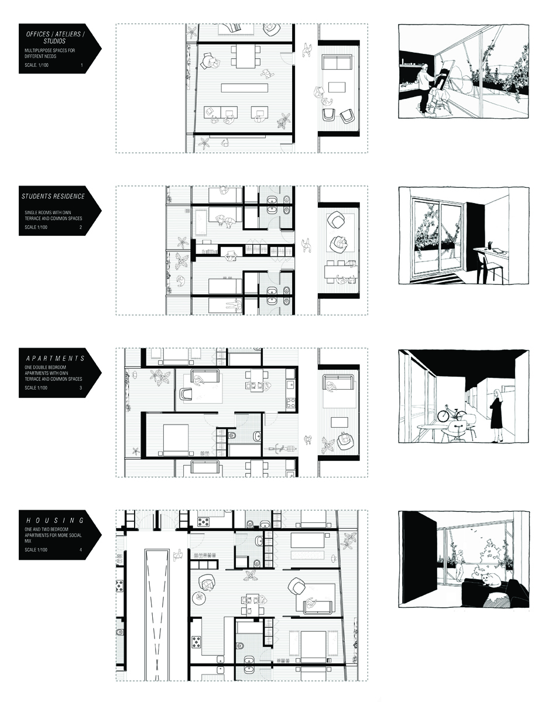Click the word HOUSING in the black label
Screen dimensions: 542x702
[55, 520]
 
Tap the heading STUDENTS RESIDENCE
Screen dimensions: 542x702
[53, 196]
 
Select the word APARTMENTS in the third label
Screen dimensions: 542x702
[55, 358]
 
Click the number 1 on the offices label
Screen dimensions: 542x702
[81, 65]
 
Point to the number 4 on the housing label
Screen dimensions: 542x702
[81, 549]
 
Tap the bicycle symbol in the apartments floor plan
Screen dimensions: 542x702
[282, 448]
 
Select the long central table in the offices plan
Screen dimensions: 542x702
[245, 88]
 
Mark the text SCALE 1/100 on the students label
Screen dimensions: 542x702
[36, 227]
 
